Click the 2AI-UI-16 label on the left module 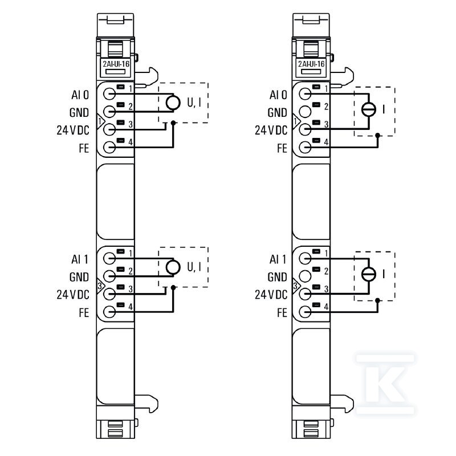(116, 64)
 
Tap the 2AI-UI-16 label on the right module (311, 64)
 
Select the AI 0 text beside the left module (80, 95)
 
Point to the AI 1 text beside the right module (278, 259)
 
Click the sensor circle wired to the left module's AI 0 (173, 103)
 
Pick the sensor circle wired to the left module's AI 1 (173, 267)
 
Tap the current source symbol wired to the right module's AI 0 (369, 109)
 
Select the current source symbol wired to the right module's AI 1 (369, 274)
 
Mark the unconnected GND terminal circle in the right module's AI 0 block (305, 111)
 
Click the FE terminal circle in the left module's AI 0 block (109, 147)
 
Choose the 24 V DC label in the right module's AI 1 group (271, 295)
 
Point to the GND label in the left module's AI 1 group (79, 277)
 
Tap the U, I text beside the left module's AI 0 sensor (194, 103)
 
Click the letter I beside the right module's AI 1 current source (384, 274)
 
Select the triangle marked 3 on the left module (100, 286)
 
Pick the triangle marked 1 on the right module (296, 121)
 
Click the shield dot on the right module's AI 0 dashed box (378, 136)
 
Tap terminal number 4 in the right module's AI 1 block (326, 307)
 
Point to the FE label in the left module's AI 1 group (84, 313)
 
